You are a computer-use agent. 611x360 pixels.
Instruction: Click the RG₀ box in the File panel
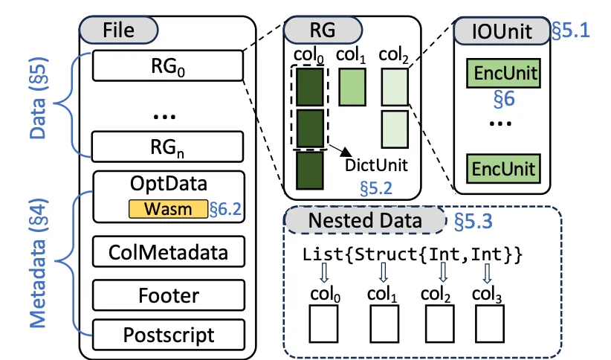click(x=167, y=66)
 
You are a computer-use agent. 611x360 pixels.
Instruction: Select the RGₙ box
click(x=167, y=146)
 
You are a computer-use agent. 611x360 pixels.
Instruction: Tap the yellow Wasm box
click(x=168, y=209)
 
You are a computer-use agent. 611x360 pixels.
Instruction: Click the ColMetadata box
click(x=167, y=251)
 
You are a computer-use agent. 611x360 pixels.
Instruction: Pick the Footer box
click(x=167, y=295)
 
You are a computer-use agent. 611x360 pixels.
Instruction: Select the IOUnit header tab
click(x=503, y=30)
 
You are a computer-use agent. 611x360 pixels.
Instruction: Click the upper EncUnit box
click(x=502, y=74)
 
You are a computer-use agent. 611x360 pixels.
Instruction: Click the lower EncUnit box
click(x=502, y=167)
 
